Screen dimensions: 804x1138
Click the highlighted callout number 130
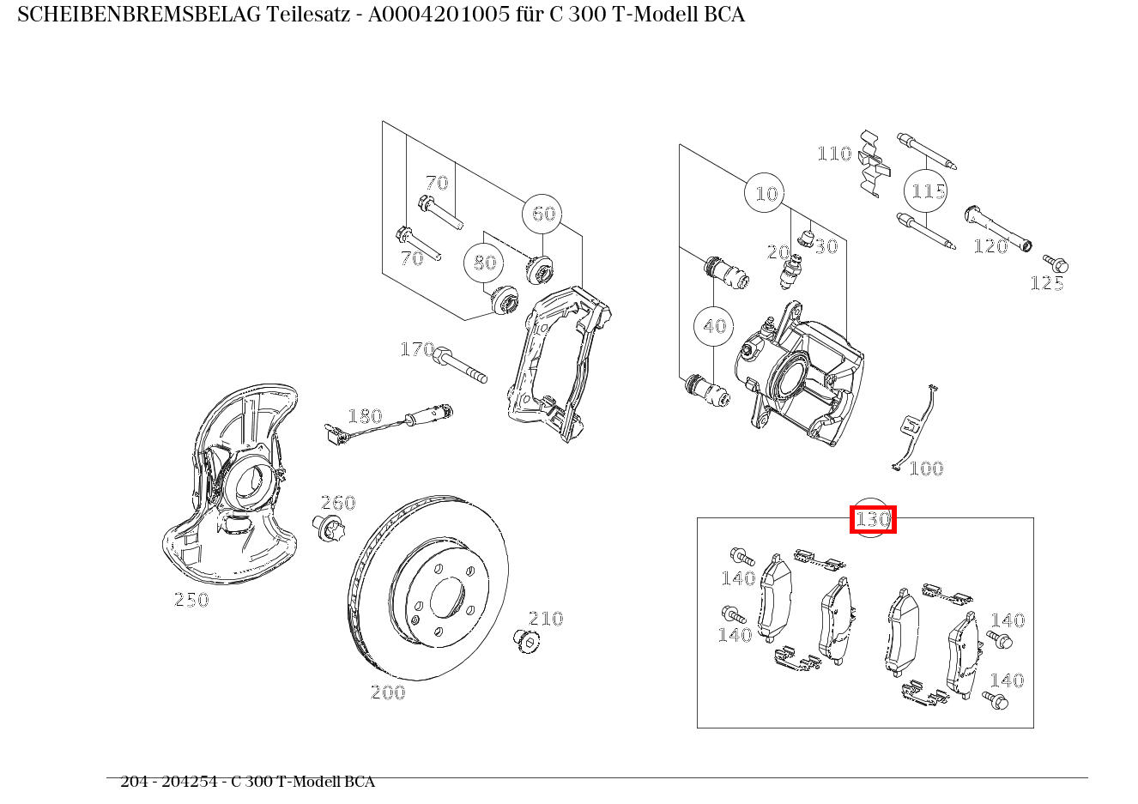tap(873, 519)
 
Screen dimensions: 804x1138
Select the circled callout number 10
tap(766, 194)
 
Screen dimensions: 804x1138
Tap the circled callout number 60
tap(543, 214)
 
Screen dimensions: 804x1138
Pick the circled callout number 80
tap(485, 263)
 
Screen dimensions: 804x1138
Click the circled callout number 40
tap(714, 326)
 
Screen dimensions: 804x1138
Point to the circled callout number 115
tap(928, 190)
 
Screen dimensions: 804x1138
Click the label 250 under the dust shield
tap(191, 600)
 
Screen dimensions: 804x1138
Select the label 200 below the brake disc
tap(387, 692)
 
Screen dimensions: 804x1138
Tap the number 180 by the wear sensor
tap(364, 416)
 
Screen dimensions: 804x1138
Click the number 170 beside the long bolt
tap(417, 349)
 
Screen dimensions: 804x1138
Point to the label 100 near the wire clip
tap(926, 468)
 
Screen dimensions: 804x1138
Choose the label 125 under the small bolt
tap(1047, 283)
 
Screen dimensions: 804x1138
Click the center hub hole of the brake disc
tap(446, 597)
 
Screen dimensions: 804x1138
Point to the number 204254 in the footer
tap(197, 782)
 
